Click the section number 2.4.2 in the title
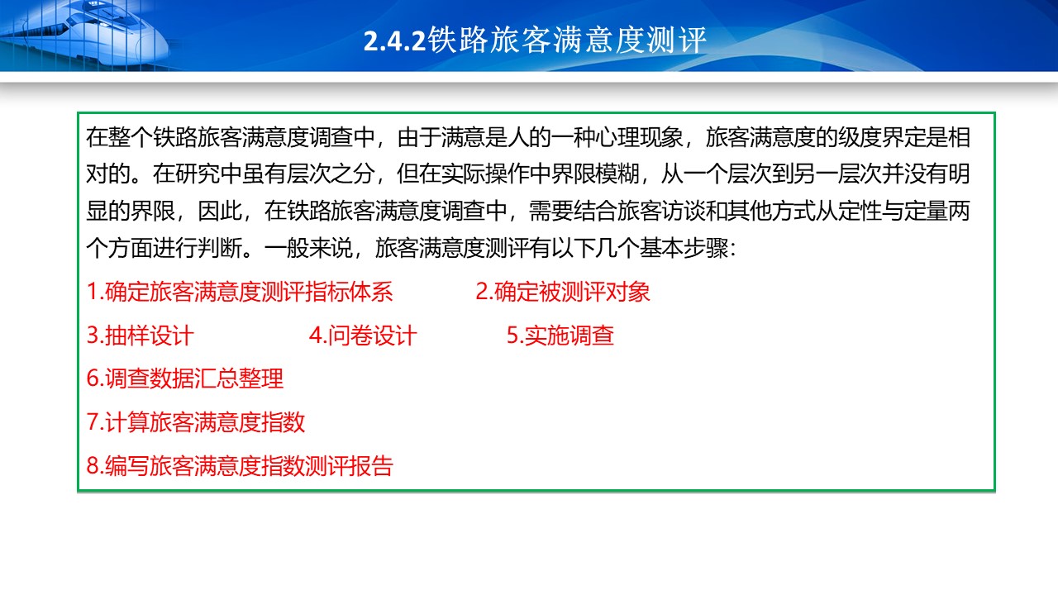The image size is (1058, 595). coord(395,40)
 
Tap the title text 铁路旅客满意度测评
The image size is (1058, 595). coord(567,40)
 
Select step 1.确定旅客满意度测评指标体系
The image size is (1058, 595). coord(240,292)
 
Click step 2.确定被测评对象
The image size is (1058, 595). coord(563,292)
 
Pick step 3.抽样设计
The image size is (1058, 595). coord(141,336)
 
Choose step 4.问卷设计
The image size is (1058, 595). coord(363,336)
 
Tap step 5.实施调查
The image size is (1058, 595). coord(560,336)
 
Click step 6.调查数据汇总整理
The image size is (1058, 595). coord(185,378)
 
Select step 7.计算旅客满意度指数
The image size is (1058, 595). coord(196,422)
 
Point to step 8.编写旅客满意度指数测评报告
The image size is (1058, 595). coord(240,465)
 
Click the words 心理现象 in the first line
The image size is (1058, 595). coord(639,137)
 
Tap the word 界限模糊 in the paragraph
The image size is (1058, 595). coord(594,174)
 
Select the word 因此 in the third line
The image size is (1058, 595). coord(220,211)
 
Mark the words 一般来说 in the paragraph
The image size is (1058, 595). coord(308,247)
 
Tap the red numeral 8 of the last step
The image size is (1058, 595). coord(93,466)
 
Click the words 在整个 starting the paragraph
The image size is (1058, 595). coord(119,137)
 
